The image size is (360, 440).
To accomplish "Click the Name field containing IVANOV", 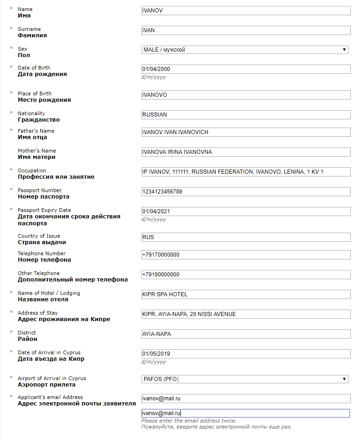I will click(246, 10).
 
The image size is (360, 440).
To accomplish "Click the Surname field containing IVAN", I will click(246, 30).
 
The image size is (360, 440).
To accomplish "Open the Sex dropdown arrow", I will click(344, 50).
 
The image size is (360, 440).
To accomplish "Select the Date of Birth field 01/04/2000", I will click(246, 69).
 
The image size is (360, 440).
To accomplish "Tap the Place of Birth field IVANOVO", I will click(246, 95).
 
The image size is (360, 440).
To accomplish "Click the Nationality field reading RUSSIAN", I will click(246, 114).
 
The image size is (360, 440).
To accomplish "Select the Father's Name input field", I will click(246, 132).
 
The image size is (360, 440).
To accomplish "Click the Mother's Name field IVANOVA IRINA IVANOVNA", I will click(246, 152).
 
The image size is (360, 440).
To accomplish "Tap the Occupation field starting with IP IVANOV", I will click(246, 172).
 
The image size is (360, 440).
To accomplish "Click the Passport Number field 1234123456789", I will click(246, 192).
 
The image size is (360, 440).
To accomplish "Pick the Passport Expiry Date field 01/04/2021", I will click(246, 211).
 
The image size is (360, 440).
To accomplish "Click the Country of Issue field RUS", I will click(246, 237).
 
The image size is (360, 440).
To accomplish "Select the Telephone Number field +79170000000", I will click(246, 255).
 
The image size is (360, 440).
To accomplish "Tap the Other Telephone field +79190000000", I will click(246, 275).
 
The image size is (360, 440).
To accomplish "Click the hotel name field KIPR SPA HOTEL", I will click(246, 294).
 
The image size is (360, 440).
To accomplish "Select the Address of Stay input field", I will click(246, 314).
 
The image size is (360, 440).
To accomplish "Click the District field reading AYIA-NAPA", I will click(246, 334).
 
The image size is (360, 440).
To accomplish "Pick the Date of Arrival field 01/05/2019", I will click(246, 354).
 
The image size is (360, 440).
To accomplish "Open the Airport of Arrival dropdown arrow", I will click(344, 379).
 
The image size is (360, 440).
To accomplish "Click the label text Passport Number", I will click(40, 190).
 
